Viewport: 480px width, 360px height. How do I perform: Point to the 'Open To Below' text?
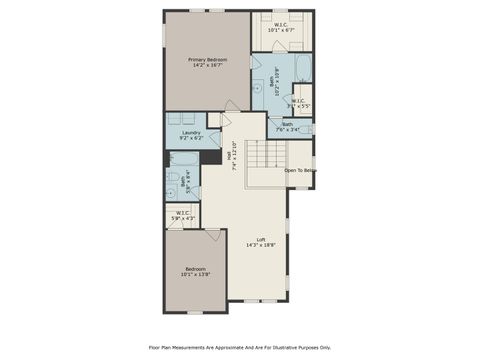click(x=299, y=170)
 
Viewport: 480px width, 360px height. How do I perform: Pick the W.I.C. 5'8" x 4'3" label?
click(x=182, y=214)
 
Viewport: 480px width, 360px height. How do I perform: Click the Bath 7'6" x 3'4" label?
click(x=288, y=127)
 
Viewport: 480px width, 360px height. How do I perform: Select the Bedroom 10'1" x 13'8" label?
click(x=195, y=272)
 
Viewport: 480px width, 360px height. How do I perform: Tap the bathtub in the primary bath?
click(x=304, y=69)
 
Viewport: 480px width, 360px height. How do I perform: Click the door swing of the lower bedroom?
click(x=214, y=236)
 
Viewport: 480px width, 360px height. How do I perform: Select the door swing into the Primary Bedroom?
click(x=233, y=105)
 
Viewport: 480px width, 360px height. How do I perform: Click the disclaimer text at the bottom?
click(x=240, y=347)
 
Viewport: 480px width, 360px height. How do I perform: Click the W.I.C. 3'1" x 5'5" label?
click(x=299, y=102)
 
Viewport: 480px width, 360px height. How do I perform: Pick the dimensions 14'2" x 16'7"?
click(x=208, y=65)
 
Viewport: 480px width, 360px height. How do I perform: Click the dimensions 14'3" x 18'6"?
click(x=261, y=245)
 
